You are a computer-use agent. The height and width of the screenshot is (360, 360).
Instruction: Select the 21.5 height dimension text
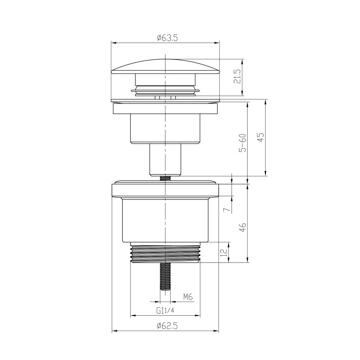tap(239, 77)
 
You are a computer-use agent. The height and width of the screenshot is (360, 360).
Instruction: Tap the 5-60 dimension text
tap(243, 142)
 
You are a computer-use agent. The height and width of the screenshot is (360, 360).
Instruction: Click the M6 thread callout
tap(188, 297)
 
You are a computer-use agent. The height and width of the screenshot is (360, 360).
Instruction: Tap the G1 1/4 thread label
tap(165, 311)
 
